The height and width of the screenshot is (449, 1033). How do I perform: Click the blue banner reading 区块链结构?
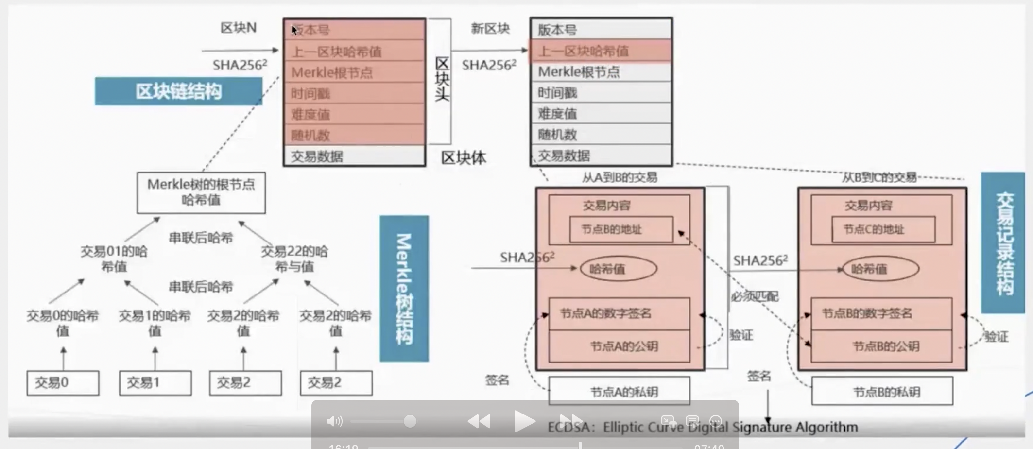(178, 91)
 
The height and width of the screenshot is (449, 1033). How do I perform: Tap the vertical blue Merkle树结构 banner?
(404, 289)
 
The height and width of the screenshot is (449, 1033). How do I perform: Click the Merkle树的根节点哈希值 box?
(201, 192)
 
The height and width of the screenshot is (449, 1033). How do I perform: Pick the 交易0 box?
(63, 383)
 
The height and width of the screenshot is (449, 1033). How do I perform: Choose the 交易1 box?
(155, 383)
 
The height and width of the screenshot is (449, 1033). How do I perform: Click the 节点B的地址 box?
(620, 229)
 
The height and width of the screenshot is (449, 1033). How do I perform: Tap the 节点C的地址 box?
(883, 229)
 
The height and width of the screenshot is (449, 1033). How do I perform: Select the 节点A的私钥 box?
(619, 391)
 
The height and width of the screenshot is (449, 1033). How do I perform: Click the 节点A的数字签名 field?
(619, 314)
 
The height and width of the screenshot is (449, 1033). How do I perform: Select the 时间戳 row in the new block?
(601, 93)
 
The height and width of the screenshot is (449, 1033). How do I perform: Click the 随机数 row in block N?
(354, 135)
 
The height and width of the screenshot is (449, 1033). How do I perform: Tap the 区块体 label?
(463, 158)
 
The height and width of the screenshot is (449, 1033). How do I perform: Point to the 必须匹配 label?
(755, 296)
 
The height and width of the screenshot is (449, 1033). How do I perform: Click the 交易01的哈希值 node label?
(114, 259)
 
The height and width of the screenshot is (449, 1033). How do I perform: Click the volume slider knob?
(410, 421)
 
